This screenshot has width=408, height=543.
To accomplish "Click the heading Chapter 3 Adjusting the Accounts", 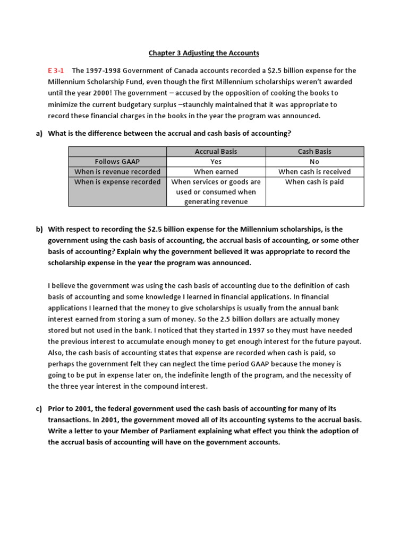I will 203,52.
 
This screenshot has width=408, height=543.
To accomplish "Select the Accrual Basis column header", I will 216,152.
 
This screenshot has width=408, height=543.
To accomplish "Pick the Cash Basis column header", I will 314,152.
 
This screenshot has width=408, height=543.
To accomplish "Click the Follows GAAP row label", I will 117,162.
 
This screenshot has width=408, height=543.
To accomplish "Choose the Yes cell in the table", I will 216,162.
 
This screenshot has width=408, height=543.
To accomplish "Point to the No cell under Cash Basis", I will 314,162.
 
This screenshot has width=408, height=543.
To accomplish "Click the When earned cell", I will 216,172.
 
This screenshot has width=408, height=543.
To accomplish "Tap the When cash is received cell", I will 314,172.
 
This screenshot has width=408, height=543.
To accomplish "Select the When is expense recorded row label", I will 117,182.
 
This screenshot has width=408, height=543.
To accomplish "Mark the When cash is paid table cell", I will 314,182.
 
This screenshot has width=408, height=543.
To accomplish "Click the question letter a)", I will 39,134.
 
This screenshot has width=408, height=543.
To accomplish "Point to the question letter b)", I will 39,230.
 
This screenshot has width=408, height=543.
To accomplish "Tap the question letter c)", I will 39,409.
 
